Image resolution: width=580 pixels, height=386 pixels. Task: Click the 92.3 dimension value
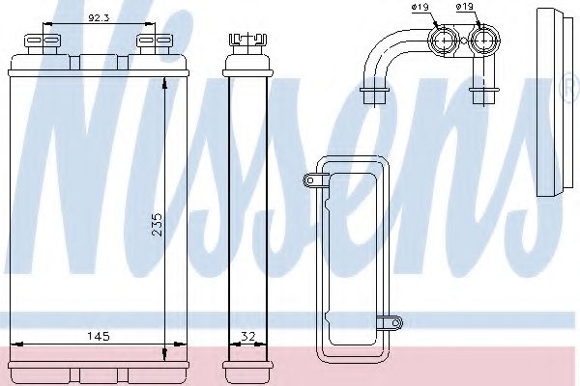[x=99, y=17]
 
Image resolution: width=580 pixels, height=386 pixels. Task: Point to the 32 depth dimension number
[x=249, y=336]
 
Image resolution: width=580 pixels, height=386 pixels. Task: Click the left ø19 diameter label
[x=420, y=10]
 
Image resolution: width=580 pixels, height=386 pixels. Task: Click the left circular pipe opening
[x=445, y=41]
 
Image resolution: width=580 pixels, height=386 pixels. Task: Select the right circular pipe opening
[x=484, y=41]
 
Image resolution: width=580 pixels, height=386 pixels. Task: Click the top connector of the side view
[x=246, y=42]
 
